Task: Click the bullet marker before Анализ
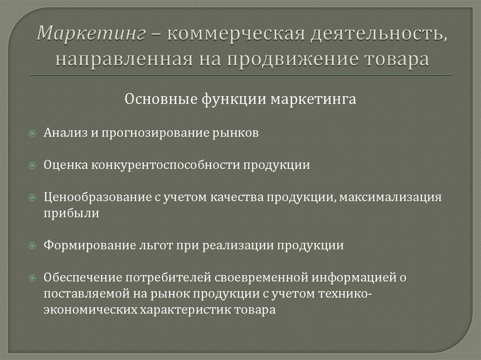tap(32, 133)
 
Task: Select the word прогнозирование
tap(148, 133)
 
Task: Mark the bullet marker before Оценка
tap(32, 166)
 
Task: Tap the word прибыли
tap(65, 213)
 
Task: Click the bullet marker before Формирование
tap(32, 245)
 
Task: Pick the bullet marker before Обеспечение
tap(32, 278)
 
